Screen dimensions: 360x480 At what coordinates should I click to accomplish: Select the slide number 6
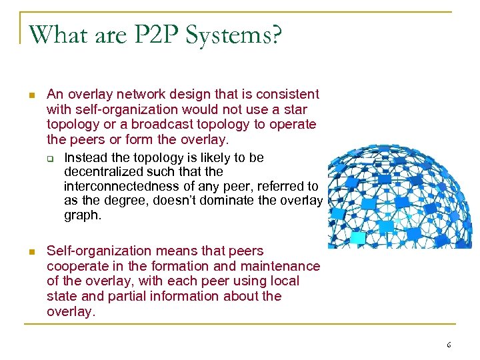coord(449,345)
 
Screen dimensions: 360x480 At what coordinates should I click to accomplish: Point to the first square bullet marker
coord(30,95)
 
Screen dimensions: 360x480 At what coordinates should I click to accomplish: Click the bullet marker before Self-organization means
coord(30,252)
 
